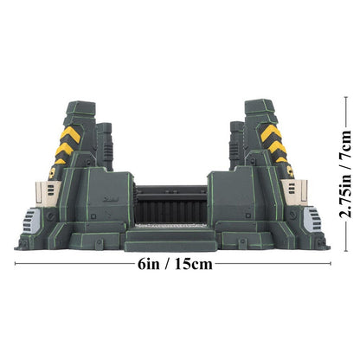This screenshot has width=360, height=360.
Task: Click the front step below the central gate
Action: tap(173, 235)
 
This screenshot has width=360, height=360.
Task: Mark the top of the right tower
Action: tap(260, 104)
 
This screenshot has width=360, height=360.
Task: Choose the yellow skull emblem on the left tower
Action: tap(54, 172)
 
